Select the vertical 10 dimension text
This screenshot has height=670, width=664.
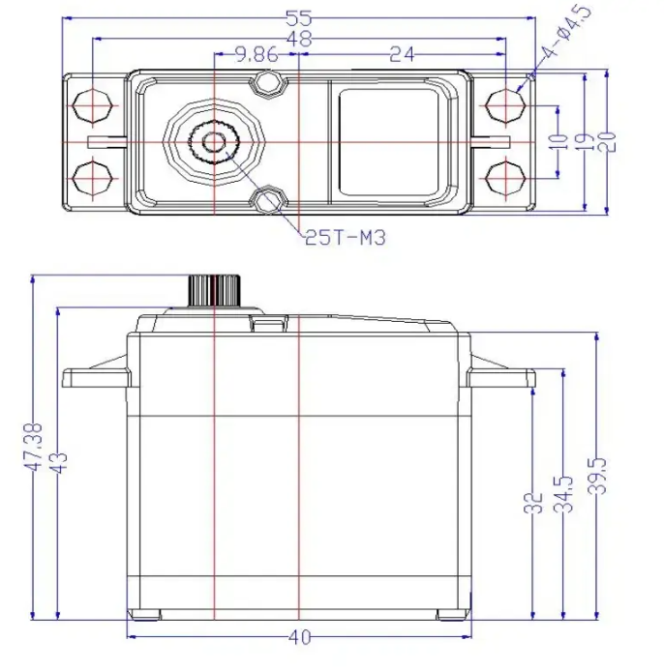558,140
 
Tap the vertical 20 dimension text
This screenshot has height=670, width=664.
608,140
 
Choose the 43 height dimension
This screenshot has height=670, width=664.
58,462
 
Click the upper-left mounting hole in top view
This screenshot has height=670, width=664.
92,103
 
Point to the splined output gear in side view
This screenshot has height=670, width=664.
212,289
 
